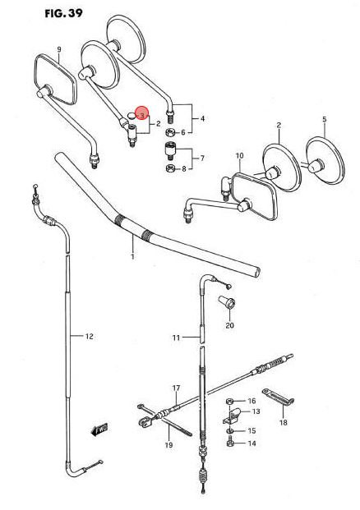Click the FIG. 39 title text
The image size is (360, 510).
click(x=64, y=13)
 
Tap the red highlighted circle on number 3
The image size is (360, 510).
click(x=141, y=113)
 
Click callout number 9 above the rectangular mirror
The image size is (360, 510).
click(x=59, y=49)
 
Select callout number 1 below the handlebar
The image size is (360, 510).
click(x=132, y=256)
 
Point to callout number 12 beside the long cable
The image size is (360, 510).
click(x=90, y=337)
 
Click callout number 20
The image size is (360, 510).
click(x=230, y=325)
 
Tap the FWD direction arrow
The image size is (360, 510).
click(x=99, y=430)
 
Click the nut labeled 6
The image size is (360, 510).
click(x=170, y=132)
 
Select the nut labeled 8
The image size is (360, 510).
click(x=170, y=168)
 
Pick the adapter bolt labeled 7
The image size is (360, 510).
click(x=170, y=150)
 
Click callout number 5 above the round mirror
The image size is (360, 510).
click(x=325, y=119)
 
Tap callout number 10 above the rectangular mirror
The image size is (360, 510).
click(x=239, y=156)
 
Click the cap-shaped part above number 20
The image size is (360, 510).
click(x=227, y=301)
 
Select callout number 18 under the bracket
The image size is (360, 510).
click(x=284, y=422)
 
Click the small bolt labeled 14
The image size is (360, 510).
click(x=230, y=443)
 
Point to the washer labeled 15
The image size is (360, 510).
click(x=230, y=431)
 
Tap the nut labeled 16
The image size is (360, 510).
click(x=230, y=401)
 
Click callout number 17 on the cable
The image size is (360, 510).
click(x=176, y=388)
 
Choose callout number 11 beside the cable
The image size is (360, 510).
click(x=176, y=338)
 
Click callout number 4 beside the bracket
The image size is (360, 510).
click(x=202, y=119)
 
